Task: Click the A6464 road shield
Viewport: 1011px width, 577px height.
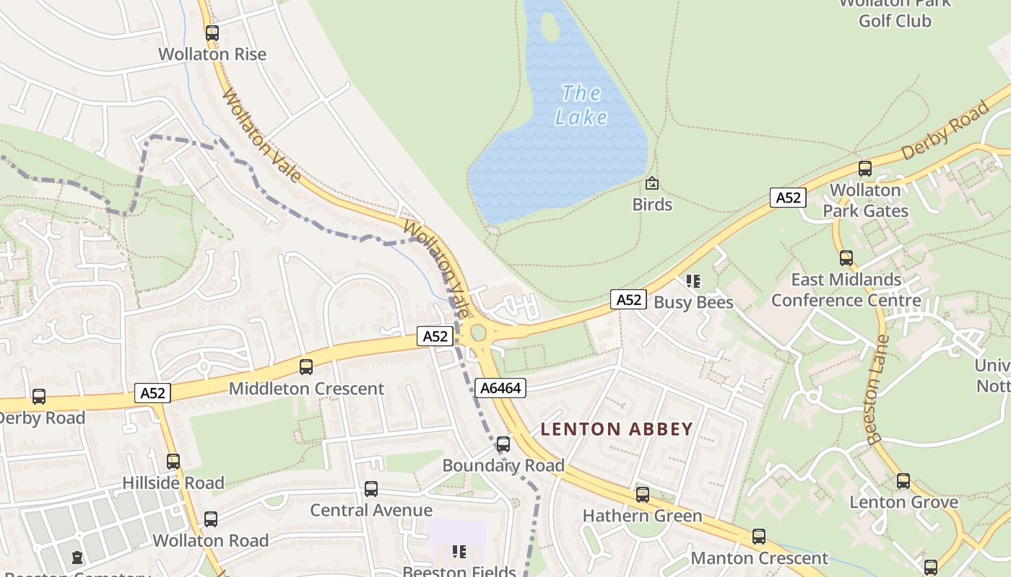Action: pos(500,388)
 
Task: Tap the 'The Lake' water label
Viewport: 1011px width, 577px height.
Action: pos(581,105)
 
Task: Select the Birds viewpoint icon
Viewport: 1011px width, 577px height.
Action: pos(652,183)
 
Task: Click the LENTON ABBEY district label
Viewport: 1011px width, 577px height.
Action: pos(617,429)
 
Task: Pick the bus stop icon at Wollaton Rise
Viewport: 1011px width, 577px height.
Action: pos(212,32)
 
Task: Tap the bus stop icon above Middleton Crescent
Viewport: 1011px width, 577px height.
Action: pos(306,367)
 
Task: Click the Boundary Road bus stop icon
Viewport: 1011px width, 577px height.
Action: pos(503,444)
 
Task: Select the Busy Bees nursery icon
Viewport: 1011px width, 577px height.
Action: pos(693,281)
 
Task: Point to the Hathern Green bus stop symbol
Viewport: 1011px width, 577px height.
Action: pos(643,495)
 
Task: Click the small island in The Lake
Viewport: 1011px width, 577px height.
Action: pos(550,28)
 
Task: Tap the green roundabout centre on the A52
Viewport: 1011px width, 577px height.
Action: pos(478,333)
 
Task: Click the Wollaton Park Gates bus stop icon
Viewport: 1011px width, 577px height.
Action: pos(865,169)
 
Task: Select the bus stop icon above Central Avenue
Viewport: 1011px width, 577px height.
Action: pos(371,489)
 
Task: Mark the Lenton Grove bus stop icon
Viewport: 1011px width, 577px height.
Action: pos(903,481)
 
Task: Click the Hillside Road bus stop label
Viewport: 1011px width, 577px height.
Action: pos(173,483)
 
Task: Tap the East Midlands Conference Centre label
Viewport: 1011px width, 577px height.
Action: pos(846,290)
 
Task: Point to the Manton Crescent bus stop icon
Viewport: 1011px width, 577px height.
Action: pos(759,537)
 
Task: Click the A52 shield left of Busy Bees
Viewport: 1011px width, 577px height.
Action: pos(628,299)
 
